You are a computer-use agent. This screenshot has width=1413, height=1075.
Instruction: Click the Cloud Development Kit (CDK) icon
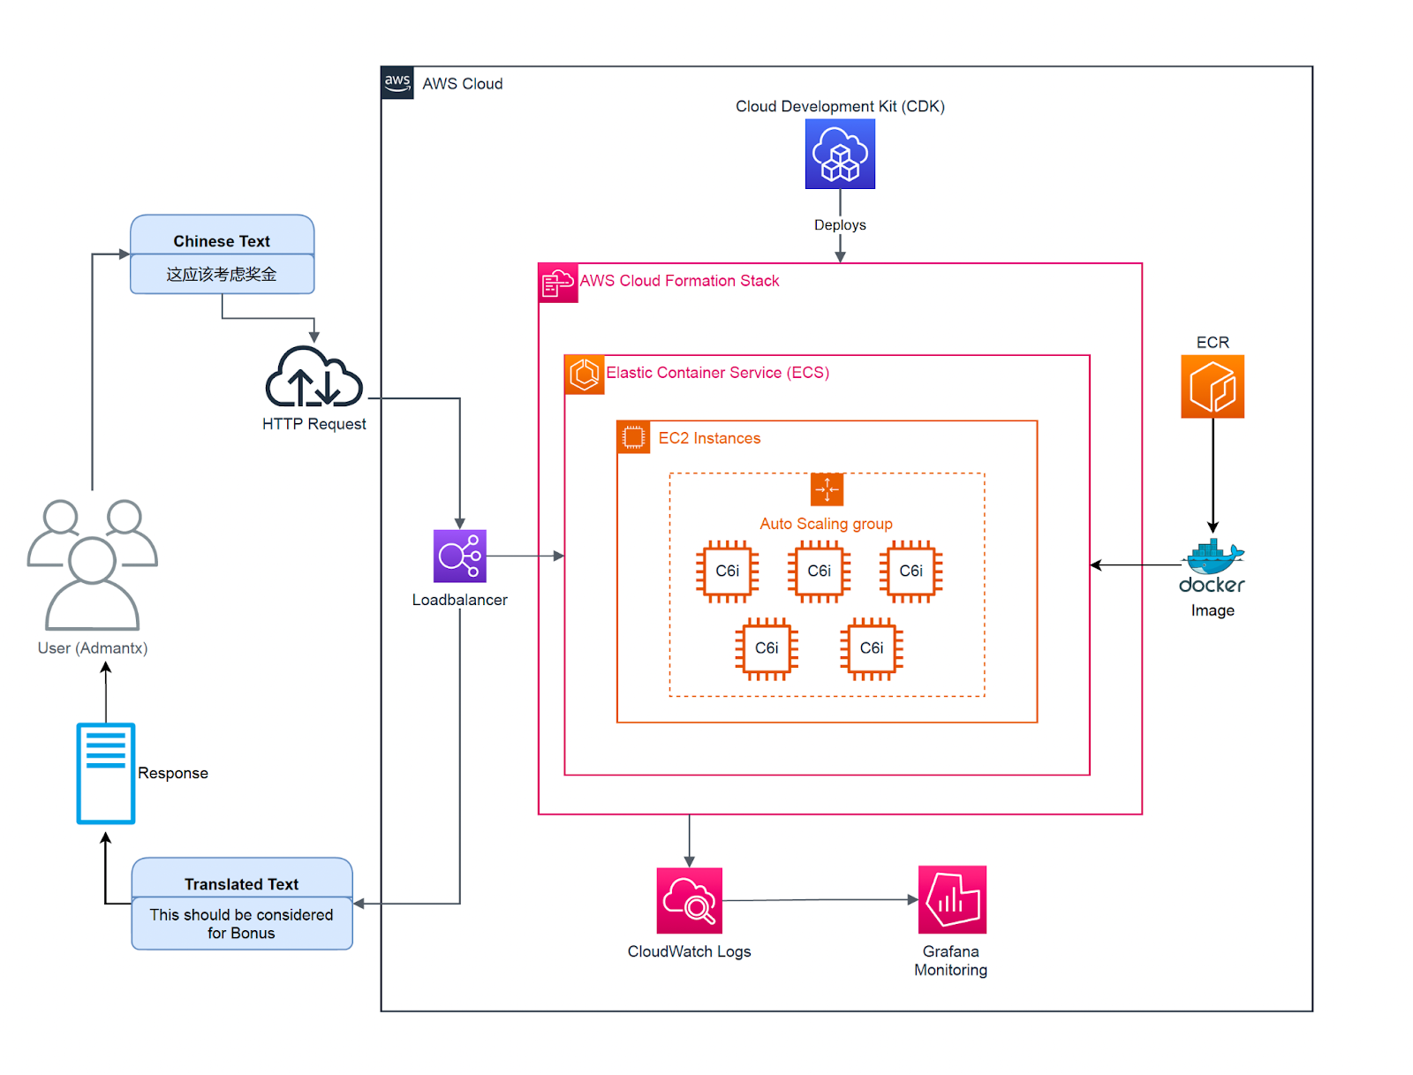click(x=839, y=154)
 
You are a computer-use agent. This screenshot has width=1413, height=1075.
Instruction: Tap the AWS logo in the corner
click(x=397, y=82)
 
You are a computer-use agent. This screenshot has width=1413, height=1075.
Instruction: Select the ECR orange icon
click(x=1212, y=386)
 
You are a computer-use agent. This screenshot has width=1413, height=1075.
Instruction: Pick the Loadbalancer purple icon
click(x=459, y=556)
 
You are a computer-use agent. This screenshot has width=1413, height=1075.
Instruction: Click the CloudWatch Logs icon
click(x=689, y=900)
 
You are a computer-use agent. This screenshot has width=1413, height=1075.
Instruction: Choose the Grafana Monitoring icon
click(x=951, y=899)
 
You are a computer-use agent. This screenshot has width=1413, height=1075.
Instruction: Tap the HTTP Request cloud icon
click(x=314, y=378)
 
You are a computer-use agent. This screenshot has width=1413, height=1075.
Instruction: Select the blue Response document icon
click(x=106, y=773)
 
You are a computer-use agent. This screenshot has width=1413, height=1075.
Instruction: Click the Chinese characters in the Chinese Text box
click(x=222, y=274)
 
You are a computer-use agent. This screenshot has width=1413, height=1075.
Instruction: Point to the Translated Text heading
click(x=241, y=883)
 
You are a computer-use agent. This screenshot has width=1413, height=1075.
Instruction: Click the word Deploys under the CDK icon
click(x=839, y=224)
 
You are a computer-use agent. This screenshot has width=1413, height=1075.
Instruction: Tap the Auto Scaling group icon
click(x=827, y=488)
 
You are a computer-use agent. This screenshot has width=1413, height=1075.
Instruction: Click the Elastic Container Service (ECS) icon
click(x=584, y=374)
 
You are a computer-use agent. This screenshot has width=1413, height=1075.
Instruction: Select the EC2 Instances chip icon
click(x=633, y=437)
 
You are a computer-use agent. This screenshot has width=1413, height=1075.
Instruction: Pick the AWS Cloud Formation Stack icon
click(x=557, y=284)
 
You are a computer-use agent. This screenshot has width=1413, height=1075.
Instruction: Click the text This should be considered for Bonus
click(x=241, y=923)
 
